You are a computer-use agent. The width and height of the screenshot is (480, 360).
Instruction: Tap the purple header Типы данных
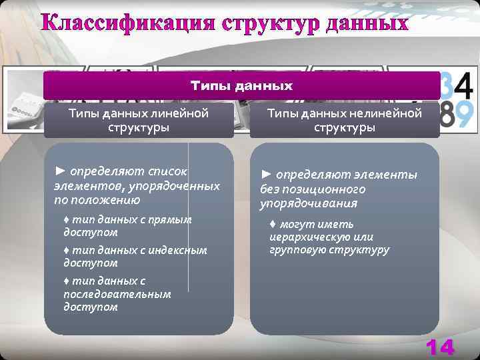[241, 86]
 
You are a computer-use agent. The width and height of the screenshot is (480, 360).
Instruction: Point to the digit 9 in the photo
[465, 115]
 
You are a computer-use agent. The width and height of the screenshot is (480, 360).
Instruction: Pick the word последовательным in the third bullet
[117, 294]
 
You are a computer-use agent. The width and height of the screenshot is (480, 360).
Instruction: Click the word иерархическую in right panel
[310, 237]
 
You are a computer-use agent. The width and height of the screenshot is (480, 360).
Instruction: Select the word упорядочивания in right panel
[308, 203]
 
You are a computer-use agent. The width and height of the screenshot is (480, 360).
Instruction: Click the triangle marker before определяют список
[60, 171]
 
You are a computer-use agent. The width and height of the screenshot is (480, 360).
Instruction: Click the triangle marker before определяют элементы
[266, 175]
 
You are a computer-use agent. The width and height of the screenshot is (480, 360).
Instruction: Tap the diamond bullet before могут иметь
[273, 224]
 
